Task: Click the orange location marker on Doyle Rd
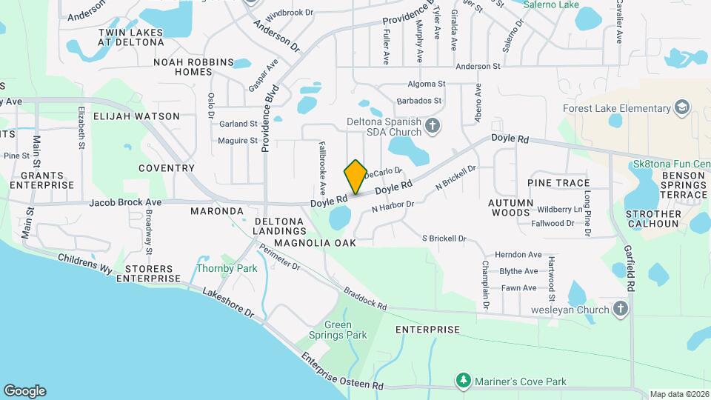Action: (355, 176)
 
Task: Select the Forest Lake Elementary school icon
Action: (681, 109)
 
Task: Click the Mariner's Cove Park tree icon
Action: (464, 381)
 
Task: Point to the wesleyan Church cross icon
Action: (621, 309)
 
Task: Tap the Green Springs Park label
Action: (347, 330)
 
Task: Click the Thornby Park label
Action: (227, 268)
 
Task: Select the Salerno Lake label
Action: (551, 4)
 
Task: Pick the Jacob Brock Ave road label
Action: (125, 202)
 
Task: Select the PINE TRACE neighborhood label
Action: (558, 183)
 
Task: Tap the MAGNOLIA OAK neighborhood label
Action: (314, 242)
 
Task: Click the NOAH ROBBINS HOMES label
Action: (193, 67)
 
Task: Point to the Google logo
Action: (24, 390)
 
